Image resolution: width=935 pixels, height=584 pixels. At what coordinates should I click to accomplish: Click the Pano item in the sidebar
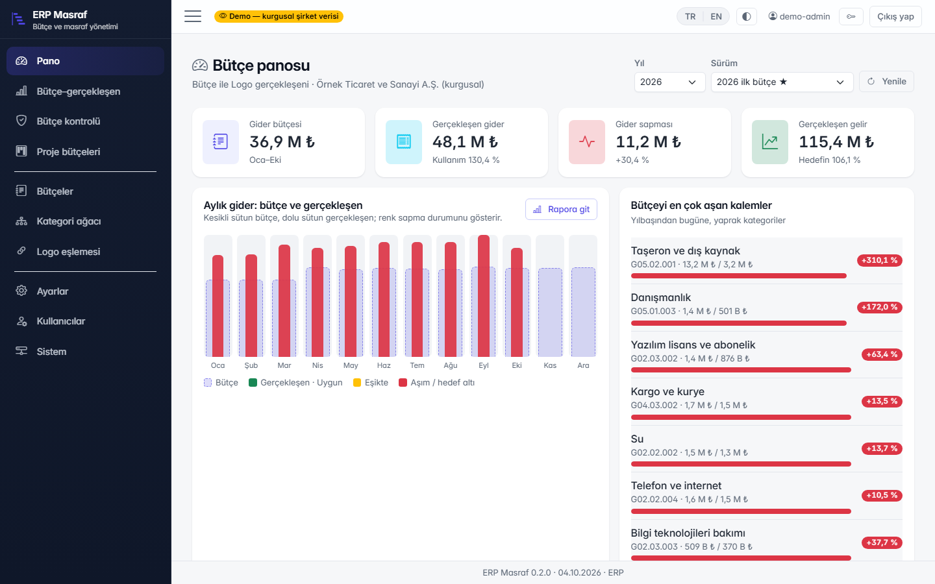(85, 61)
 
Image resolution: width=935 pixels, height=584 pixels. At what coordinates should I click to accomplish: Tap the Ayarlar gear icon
(21, 291)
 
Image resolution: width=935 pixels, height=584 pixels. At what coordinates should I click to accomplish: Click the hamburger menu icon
(193, 16)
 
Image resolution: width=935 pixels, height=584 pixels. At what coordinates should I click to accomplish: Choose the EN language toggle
(716, 16)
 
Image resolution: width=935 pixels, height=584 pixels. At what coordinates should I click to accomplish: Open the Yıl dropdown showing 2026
(669, 82)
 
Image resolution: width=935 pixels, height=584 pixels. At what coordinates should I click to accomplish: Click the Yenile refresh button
(886, 81)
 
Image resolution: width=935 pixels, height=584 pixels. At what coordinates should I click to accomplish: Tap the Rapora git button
(561, 209)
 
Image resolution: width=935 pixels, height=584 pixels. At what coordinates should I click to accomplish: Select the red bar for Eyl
(483, 296)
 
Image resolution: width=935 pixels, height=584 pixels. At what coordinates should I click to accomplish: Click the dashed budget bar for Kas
(550, 313)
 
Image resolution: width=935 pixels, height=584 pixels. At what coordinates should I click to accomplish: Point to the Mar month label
(284, 365)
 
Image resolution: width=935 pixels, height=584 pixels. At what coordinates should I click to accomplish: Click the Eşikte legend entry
(371, 383)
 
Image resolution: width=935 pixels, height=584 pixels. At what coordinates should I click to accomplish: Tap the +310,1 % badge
(879, 260)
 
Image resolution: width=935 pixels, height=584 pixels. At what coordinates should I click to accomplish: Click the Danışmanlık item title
(661, 297)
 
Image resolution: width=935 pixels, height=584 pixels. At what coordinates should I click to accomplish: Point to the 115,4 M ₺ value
(836, 142)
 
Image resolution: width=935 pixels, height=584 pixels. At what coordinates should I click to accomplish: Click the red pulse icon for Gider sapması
(586, 142)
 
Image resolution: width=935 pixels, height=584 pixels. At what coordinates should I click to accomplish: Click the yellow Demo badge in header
(279, 16)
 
